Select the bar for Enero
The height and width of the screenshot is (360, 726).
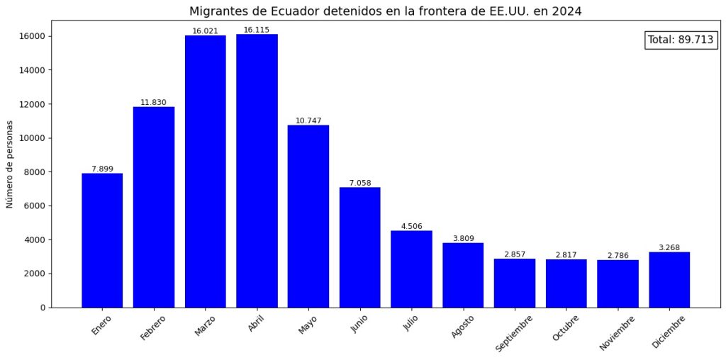pos(102,240)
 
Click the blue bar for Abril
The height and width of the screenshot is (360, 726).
pos(257,171)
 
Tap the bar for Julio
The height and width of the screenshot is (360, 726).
pos(411,269)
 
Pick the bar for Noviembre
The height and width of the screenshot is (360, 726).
pos(618,283)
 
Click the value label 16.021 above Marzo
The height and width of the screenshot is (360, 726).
pos(206,31)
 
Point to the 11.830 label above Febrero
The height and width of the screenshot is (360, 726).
pos(153,103)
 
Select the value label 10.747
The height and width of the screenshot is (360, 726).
pos(308,121)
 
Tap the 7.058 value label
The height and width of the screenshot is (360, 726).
pos(360,184)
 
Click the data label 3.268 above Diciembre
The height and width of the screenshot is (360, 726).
pos(669,248)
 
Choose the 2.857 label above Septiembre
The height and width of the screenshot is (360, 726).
pos(515,254)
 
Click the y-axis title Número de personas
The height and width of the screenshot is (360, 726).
pos(10,164)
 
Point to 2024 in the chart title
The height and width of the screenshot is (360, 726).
pos(569,11)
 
